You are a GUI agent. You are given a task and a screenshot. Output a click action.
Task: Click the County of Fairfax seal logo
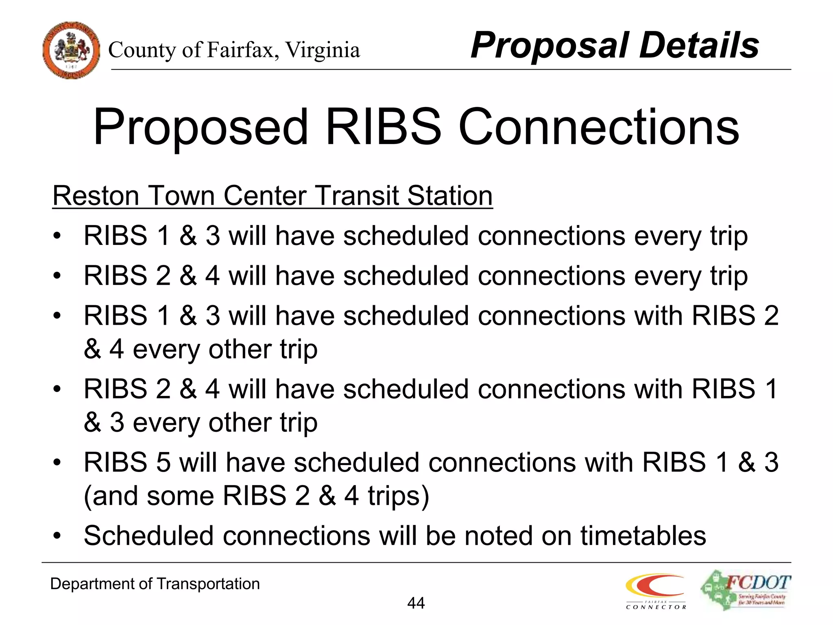(71, 50)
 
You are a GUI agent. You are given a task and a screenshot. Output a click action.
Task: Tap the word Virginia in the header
(322, 50)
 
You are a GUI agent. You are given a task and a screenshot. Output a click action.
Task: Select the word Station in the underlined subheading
(450, 196)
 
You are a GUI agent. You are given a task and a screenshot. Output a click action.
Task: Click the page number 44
(416, 603)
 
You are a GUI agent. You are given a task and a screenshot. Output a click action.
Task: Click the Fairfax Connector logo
(656, 591)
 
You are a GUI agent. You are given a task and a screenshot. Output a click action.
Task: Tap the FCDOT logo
(746, 590)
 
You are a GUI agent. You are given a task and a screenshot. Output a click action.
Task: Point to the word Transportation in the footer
(208, 584)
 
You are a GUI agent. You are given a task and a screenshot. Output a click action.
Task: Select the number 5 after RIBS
(163, 463)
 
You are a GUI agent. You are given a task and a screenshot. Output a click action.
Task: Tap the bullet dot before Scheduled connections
(57, 536)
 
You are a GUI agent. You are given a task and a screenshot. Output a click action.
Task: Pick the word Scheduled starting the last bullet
(148, 536)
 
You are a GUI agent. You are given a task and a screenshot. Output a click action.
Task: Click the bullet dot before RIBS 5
(57, 463)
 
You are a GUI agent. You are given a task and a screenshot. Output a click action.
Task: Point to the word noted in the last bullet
(498, 536)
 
